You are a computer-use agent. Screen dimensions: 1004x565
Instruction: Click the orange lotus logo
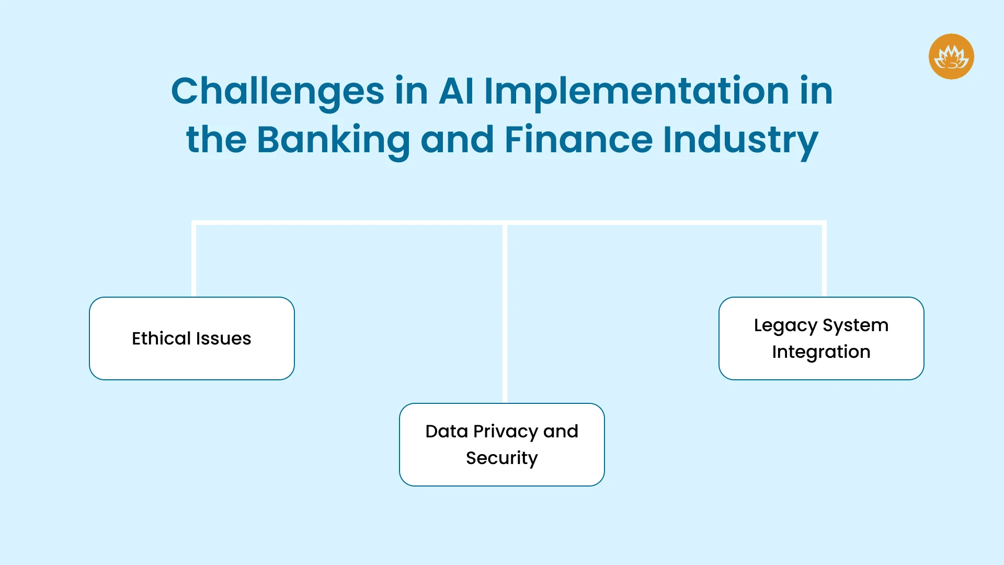951,56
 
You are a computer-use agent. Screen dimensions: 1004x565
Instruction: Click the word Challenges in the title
278,92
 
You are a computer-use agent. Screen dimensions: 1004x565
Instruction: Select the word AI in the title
456,91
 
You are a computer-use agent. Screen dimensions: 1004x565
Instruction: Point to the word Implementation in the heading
636,92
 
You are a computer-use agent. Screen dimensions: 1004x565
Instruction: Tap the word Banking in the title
333,140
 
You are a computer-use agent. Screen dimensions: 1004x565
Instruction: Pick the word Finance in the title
578,139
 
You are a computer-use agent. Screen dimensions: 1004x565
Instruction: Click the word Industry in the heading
740,140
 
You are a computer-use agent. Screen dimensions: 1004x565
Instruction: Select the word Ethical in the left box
161,338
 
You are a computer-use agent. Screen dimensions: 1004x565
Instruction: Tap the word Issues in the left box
223,338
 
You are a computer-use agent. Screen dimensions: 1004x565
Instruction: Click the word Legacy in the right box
785,326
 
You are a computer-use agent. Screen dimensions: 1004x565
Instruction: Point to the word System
855,326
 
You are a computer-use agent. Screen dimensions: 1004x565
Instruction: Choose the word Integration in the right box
821,352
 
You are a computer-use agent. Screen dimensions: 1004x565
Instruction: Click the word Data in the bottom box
447,431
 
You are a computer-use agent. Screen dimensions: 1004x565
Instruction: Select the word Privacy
506,432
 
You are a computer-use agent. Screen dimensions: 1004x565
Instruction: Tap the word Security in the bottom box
502,458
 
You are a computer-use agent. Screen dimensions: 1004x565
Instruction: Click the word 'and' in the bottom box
561,431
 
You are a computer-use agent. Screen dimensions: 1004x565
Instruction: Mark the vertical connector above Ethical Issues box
193,259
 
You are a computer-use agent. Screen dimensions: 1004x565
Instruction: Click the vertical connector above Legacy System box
824,259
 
